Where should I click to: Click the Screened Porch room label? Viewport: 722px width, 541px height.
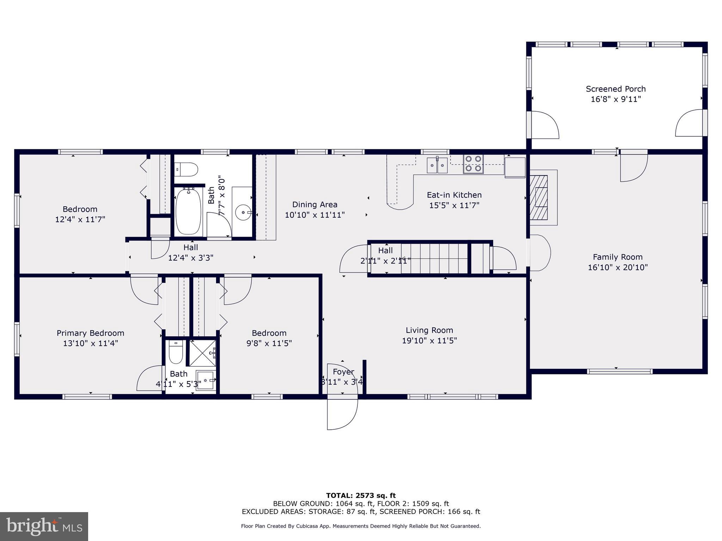(616, 89)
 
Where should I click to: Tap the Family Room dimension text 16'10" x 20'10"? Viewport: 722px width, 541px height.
(618, 267)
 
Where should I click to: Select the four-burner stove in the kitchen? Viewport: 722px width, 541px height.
(473, 164)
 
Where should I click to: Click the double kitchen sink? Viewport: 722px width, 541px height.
(437, 165)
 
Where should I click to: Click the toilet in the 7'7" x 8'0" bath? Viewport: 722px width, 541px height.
(187, 169)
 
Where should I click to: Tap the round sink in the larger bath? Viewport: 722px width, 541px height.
(243, 212)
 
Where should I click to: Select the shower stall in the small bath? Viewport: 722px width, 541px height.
(203, 353)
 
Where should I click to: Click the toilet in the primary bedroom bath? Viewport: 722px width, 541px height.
(176, 352)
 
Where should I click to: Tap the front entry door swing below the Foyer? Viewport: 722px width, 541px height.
(342, 414)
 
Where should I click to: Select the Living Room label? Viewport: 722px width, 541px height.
(429, 330)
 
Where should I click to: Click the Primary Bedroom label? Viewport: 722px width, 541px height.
(90, 333)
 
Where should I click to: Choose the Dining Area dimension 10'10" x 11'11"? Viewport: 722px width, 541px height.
(314, 215)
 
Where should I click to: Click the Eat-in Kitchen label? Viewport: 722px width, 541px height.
(454, 195)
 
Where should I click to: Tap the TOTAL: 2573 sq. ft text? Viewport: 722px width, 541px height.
(361, 496)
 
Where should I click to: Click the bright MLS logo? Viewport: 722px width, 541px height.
(44, 526)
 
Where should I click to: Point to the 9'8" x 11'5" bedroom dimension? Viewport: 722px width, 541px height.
(269, 343)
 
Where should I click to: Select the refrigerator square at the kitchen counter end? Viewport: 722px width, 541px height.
(515, 167)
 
